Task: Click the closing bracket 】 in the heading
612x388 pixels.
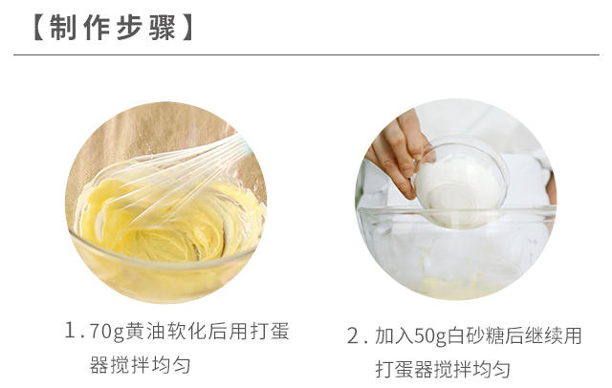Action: point(187,28)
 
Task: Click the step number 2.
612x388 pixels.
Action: point(355,336)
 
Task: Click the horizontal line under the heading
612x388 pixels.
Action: point(306,56)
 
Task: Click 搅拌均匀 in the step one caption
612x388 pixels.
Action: point(168,365)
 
